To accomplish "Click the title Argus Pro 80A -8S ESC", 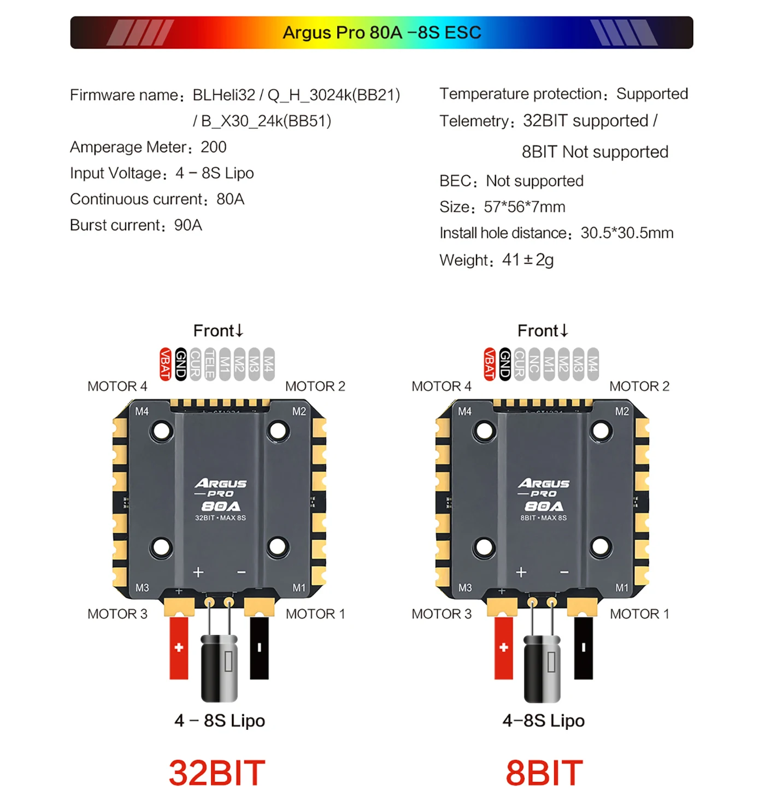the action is pyautogui.click(x=381, y=33).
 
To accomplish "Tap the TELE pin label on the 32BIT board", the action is pyautogui.click(x=210, y=364).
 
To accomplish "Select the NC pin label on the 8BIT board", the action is pyautogui.click(x=534, y=364).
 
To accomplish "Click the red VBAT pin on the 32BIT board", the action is pyautogui.click(x=165, y=364).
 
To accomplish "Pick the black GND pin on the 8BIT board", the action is pyautogui.click(x=505, y=364).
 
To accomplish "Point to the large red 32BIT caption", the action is pyautogui.click(x=217, y=772).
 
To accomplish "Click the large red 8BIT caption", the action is pyautogui.click(x=544, y=772).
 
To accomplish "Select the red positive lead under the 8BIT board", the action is pyautogui.click(x=503, y=648).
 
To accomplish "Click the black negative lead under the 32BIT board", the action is pyautogui.click(x=259, y=648).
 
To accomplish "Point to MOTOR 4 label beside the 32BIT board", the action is pyautogui.click(x=117, y=386).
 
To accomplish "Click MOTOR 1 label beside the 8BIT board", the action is pyautogui.click(x=639, y=614).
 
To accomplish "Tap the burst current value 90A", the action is pyautogui.click(x=188, y=225).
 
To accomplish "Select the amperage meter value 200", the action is pyautogui.click(x=213, y=147).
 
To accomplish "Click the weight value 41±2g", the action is pyautogui.click(x=527, y=260).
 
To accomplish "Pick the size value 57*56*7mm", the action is pyautogui.click(x=525, y=207).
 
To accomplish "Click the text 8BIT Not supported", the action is pyautogui.click(x=595, y=152).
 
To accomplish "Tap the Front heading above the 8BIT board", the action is pyautogui.click(x=542, y=331).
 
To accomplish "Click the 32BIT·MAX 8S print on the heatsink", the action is pyautogui.click(x=220, y=518).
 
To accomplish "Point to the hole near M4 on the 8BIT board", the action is pyautogui.click(x=484, y=431).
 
